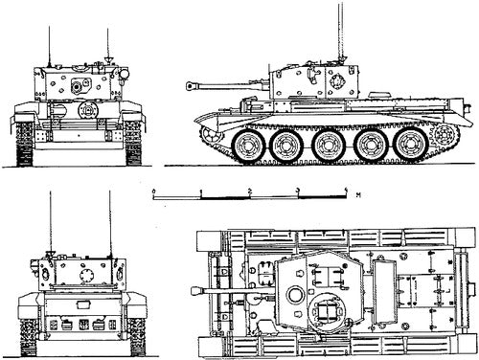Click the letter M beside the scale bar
tap(356, 194)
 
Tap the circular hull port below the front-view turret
tap(88, 111)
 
